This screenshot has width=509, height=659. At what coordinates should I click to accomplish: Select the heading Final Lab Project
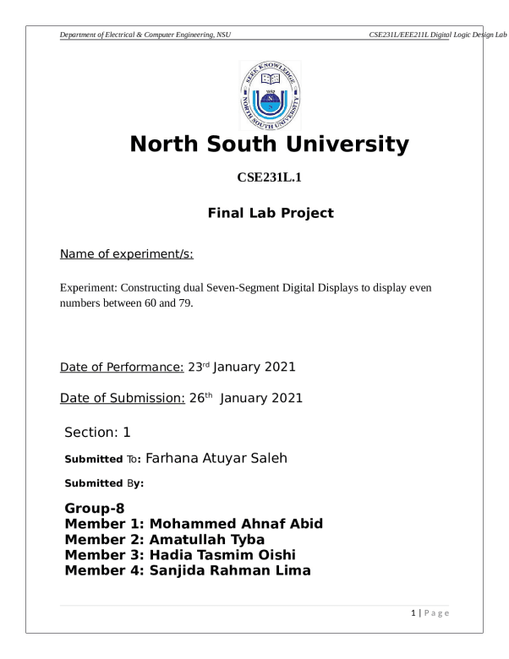(x=270, y=213)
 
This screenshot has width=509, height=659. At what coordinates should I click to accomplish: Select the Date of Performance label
(x=122, y=368)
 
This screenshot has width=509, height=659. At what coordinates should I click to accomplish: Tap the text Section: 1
(x=97, y=433)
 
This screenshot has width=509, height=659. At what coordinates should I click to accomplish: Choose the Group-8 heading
(x=95, y=509)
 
